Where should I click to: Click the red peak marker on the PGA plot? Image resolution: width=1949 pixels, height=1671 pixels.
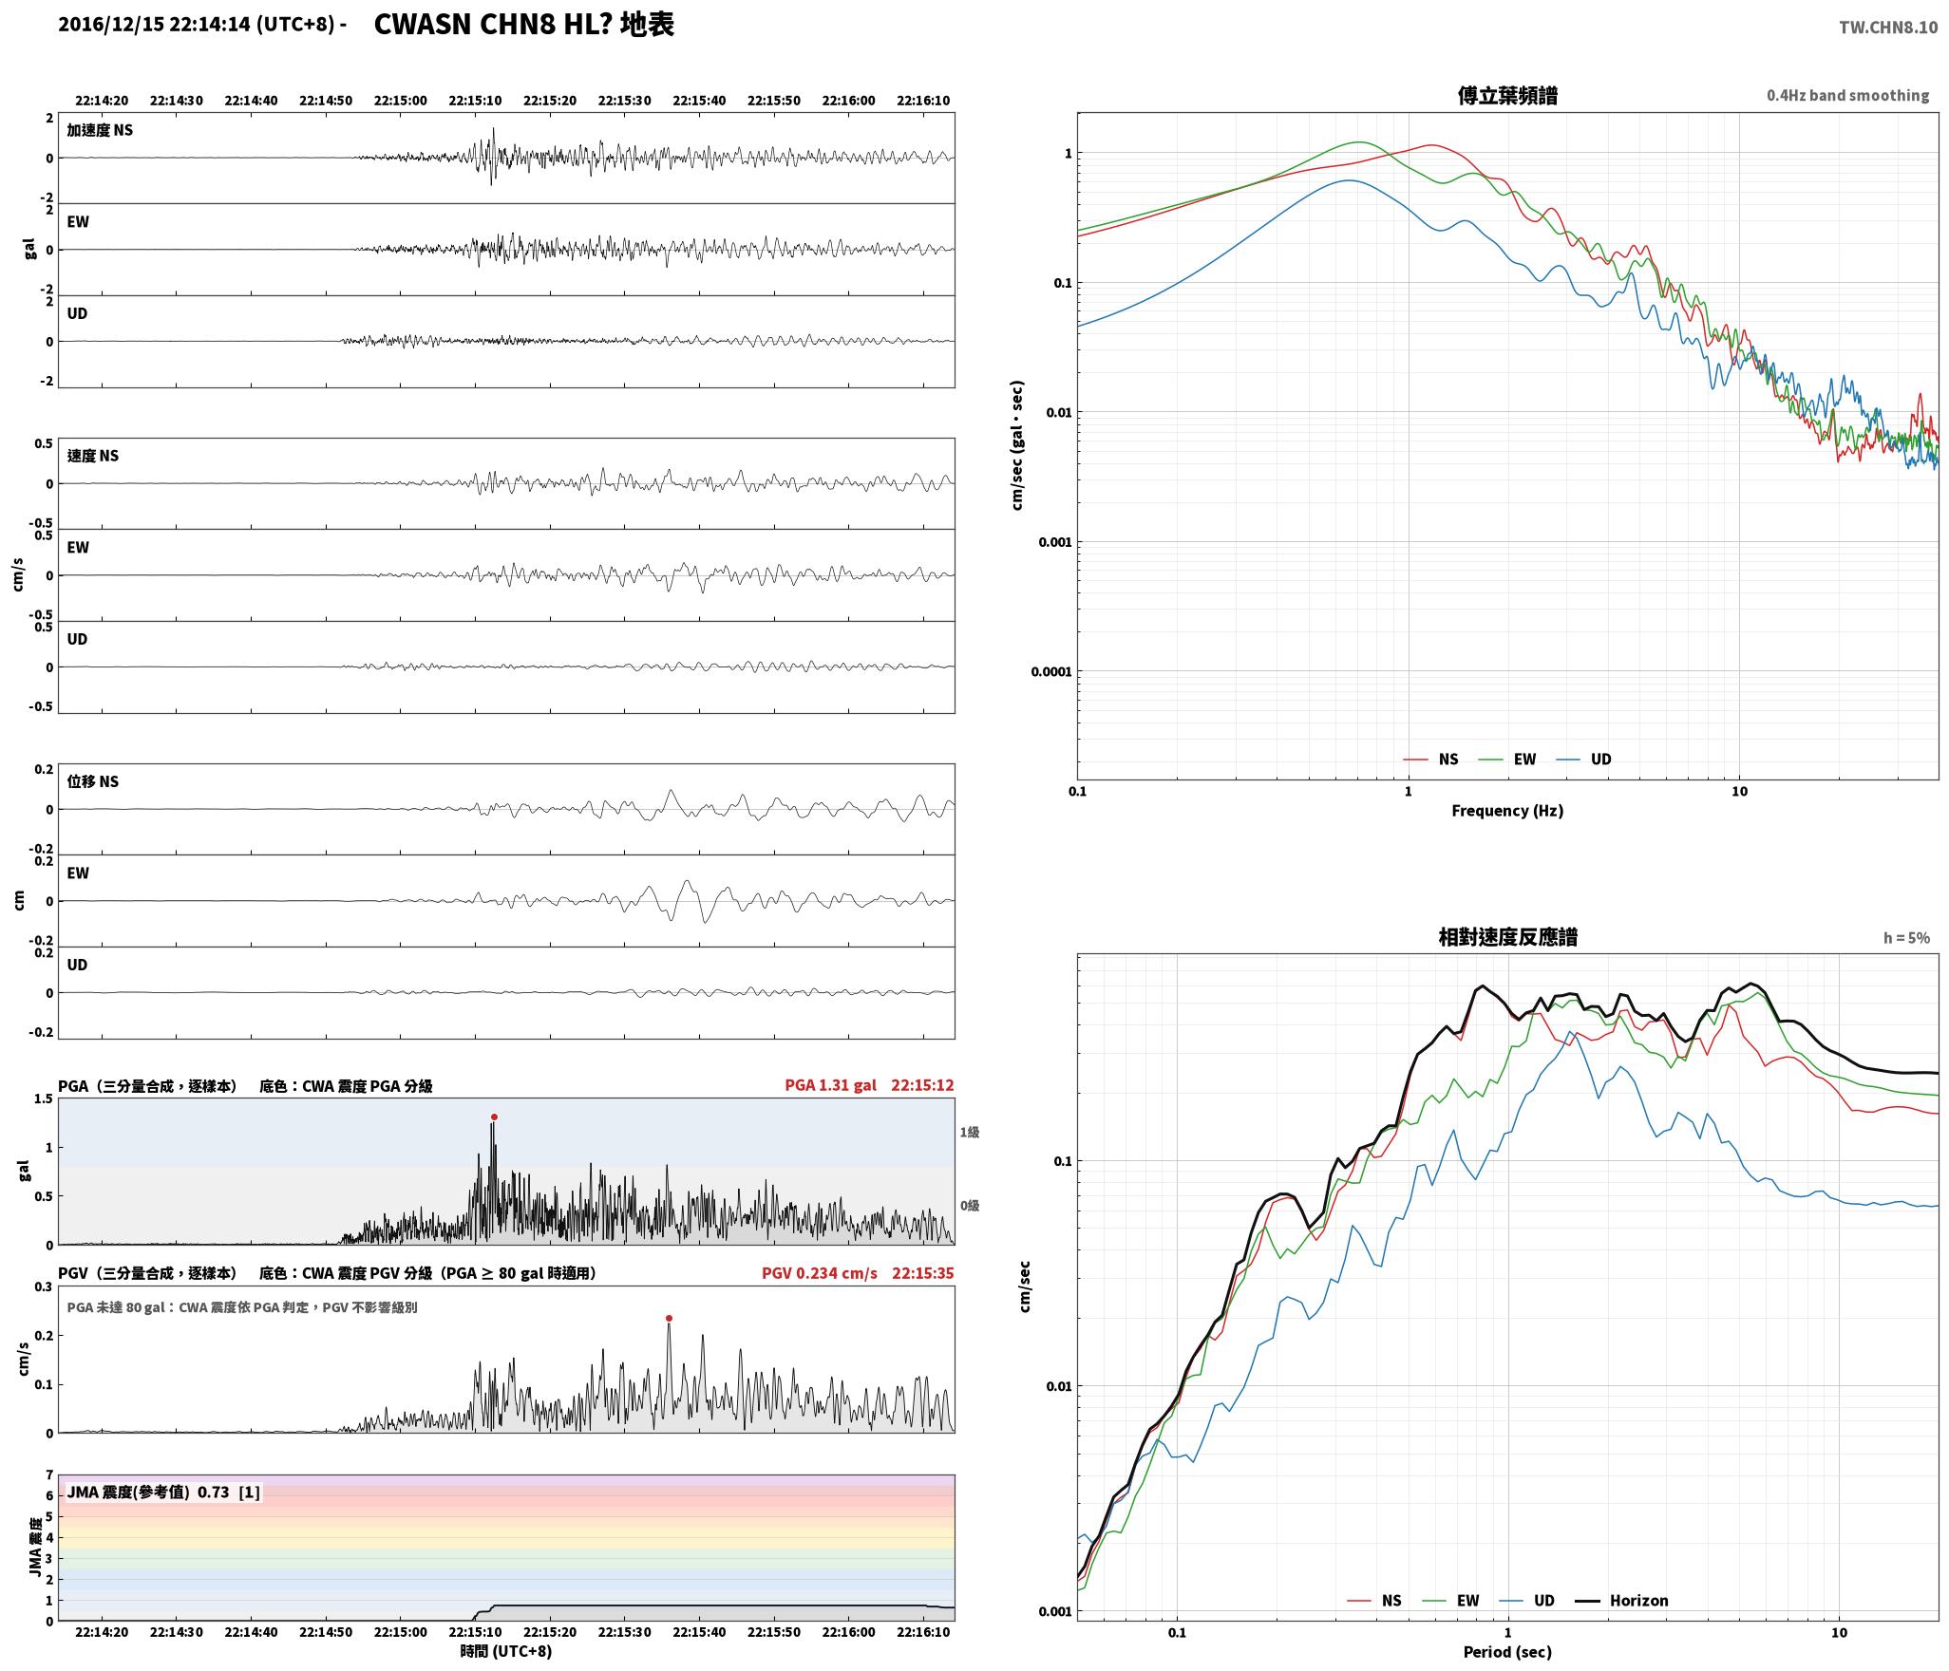click(x=494, y=1117)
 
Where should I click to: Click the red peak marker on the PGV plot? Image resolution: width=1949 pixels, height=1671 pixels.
click(x=669, y=1318)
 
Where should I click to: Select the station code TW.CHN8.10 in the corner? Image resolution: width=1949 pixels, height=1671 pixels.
click(x=1888, y=27)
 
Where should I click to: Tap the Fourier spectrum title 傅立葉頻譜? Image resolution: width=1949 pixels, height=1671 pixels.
click(x=1507, y=95)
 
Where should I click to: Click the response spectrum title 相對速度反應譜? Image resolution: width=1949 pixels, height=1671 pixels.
click(x=1507, y=937)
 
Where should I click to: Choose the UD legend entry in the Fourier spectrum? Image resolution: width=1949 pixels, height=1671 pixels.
click(x=1584, y=759)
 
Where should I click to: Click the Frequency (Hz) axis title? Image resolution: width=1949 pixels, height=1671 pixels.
click(x=1507, y=810)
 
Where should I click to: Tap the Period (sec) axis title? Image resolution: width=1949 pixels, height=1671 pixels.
click(x=1507, y=1651)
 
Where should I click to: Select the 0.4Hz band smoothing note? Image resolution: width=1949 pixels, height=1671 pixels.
click(x=1847, y=95)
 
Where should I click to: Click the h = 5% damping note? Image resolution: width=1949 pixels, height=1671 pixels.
click(x=1906, y=938)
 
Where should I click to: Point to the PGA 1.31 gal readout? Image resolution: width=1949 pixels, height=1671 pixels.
click(x=831, y=1084)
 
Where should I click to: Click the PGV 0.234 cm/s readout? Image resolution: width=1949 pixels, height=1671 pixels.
click(x=820, y=1272)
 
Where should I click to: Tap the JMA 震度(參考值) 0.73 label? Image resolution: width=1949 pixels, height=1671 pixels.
click(x=148, y=1492)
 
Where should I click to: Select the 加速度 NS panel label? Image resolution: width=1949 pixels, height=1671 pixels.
click(x=100, y=130)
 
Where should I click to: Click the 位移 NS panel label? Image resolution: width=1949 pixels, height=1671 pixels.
click(x=93, y=781)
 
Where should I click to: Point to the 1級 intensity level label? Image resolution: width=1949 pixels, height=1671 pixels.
click(x=969, y=1132)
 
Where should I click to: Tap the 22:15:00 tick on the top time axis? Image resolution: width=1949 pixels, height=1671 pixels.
click(x=400, y=100)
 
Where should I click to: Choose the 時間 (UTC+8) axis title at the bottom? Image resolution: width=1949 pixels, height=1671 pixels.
click(x=506, y=1651)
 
